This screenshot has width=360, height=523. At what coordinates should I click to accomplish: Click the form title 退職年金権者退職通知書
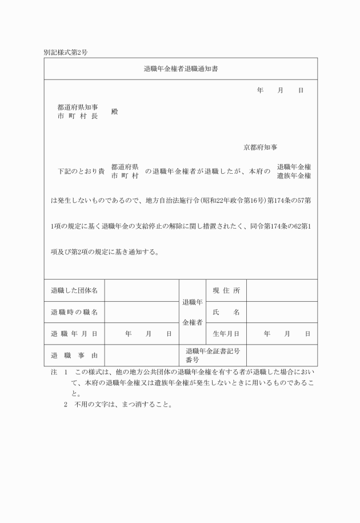click(180, 69)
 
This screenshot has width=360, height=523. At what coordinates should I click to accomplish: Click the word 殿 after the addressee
click(115, 111)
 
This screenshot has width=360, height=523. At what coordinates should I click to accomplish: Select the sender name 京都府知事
click(261, 147)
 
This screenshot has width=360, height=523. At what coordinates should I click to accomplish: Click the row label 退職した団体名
click(74, 290)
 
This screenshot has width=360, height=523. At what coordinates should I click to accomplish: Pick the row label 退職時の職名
click(74, 312)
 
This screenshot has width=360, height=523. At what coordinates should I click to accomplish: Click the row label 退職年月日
click(74, 334)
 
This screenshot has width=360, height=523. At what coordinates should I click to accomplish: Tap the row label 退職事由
click(74, 356)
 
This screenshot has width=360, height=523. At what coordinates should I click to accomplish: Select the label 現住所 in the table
click(226, 290)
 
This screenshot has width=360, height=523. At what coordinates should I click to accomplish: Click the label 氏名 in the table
click(226, 312)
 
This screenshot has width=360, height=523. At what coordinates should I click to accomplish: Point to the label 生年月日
click(226, 334)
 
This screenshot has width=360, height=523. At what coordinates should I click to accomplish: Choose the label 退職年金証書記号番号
click(213, 356)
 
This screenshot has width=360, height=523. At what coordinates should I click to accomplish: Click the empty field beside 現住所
click(282, 290)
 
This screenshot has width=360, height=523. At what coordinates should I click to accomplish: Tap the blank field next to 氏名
click(282, 312)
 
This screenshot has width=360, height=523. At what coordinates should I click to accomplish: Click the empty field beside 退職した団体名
click(142, 290)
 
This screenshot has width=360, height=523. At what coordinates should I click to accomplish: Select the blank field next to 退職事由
click(142, 356)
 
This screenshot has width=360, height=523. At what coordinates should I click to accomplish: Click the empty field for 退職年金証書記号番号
click(282, 356)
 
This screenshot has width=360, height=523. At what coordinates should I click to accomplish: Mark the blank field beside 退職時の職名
click(142, 312)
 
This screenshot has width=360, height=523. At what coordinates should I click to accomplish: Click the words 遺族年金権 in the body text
click(294, 176)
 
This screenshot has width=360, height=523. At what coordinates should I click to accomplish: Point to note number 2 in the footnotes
click(66, 405)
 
